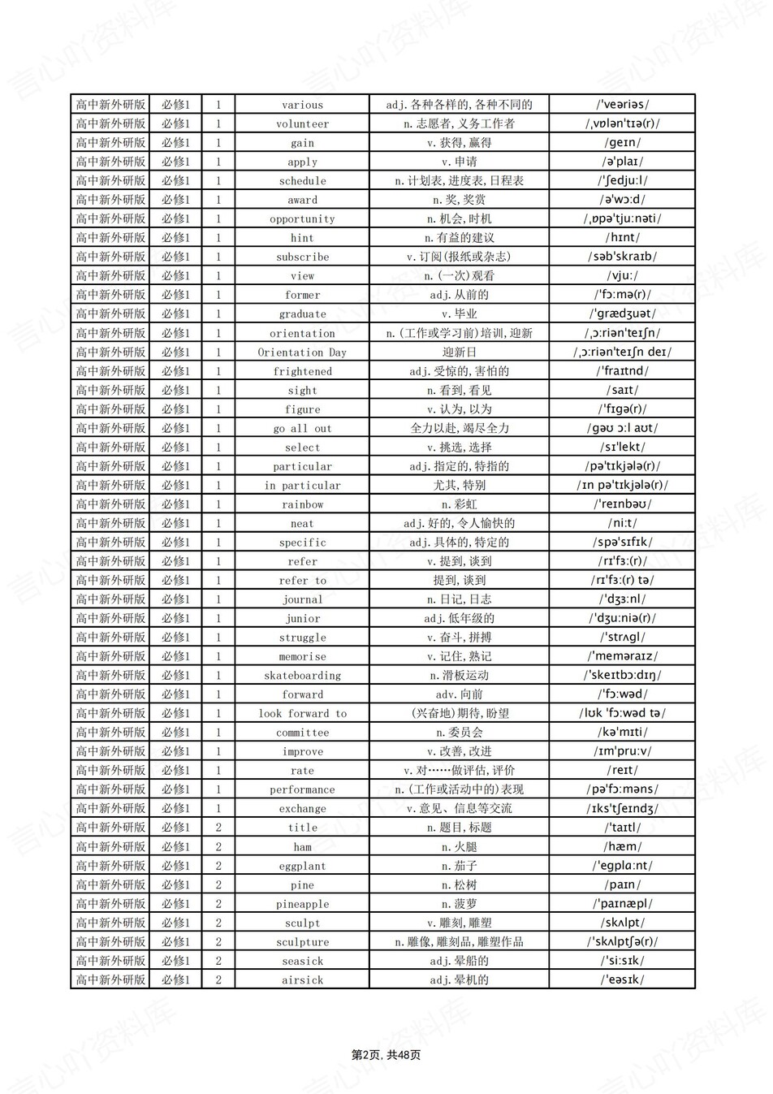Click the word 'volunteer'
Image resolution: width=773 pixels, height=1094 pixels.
coord(302,124)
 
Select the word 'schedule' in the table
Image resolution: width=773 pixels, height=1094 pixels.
coord(302,181)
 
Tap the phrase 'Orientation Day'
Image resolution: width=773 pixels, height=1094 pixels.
coord(302,352)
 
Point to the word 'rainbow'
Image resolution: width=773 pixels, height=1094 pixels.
coord(302,504)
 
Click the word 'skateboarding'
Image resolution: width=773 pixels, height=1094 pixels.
coord(302,676)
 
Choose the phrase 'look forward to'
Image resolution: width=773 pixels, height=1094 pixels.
coord(302,714)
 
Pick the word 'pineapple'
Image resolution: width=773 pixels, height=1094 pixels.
coord(302,904)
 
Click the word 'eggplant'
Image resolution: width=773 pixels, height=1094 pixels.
coord(302,866)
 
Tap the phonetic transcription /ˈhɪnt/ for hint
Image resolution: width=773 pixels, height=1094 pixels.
coord(622,238)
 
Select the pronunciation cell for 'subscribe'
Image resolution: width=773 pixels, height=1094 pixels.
coord(622,257)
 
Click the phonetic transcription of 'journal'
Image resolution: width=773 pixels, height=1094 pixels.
coord(622,599)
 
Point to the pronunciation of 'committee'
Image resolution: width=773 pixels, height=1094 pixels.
coord(622,733)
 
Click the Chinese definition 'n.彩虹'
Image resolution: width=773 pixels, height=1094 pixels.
coord(459,504)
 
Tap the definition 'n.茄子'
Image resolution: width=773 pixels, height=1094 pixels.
coord(459,866)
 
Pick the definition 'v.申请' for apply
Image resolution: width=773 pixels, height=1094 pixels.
coord(459,162)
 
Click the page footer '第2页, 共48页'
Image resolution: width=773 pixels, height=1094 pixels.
coord(386,1055)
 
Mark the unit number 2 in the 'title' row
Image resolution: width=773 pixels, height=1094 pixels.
coord(218,828)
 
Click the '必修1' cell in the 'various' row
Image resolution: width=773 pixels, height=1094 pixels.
coord(175,105)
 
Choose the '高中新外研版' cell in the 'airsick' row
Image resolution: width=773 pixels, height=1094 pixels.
coord(111,980)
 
